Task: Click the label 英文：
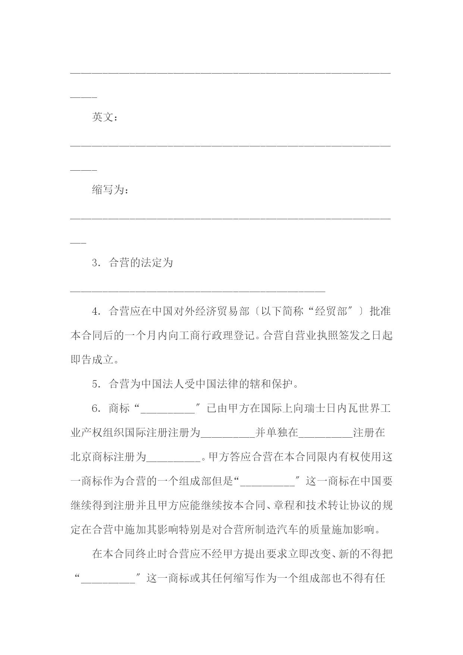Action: point(105,117)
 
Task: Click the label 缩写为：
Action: point(110,190)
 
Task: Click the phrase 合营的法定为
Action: point(141,263)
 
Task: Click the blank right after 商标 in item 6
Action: point(168,411)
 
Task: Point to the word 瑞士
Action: point(315,409)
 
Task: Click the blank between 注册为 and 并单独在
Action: point(228,435)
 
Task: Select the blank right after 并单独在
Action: point(325,435)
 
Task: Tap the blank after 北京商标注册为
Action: point(173,459)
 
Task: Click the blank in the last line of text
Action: point(108,581)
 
